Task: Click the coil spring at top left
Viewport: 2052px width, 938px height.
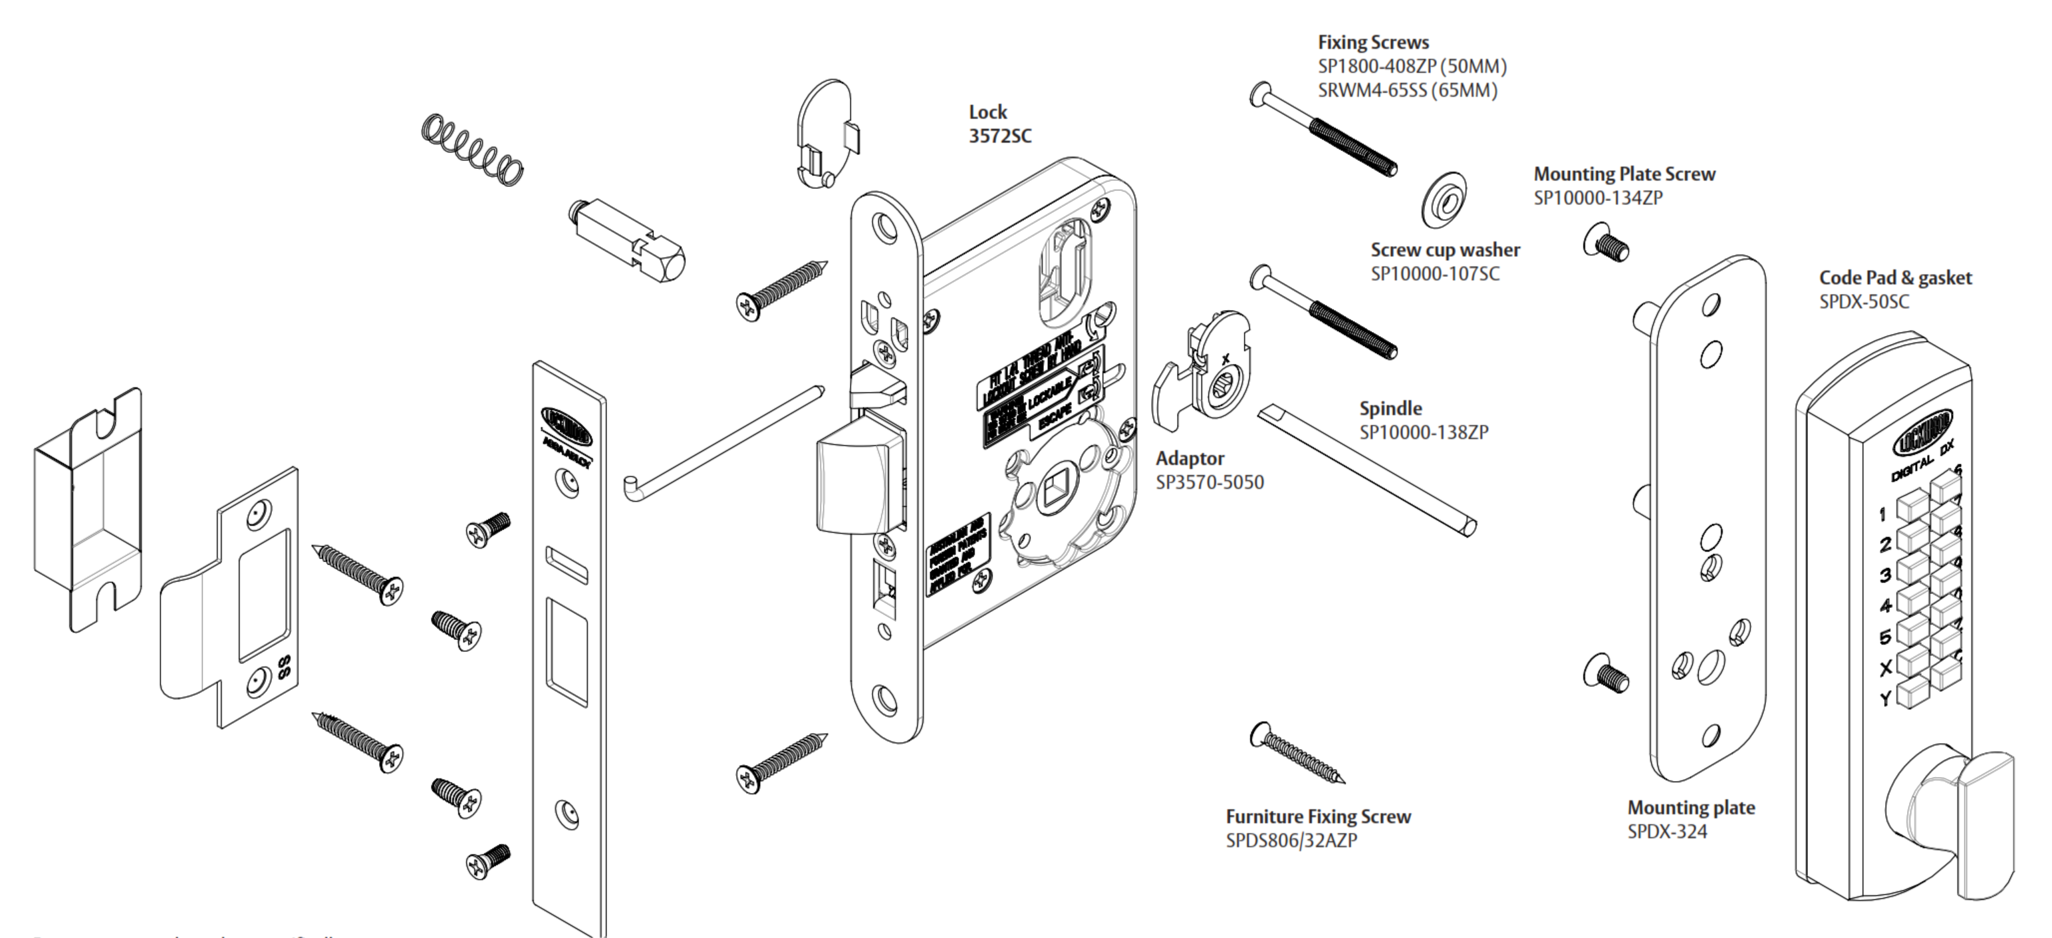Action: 472,150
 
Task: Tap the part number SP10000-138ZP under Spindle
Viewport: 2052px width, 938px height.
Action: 1424,432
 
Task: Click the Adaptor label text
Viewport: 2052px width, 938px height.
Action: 1190,459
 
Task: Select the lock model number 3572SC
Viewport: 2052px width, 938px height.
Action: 999,136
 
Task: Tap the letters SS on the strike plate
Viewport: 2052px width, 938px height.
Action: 283,668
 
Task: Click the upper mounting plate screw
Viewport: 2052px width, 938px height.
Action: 1606,244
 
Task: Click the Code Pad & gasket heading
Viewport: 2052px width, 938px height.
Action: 1894,278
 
